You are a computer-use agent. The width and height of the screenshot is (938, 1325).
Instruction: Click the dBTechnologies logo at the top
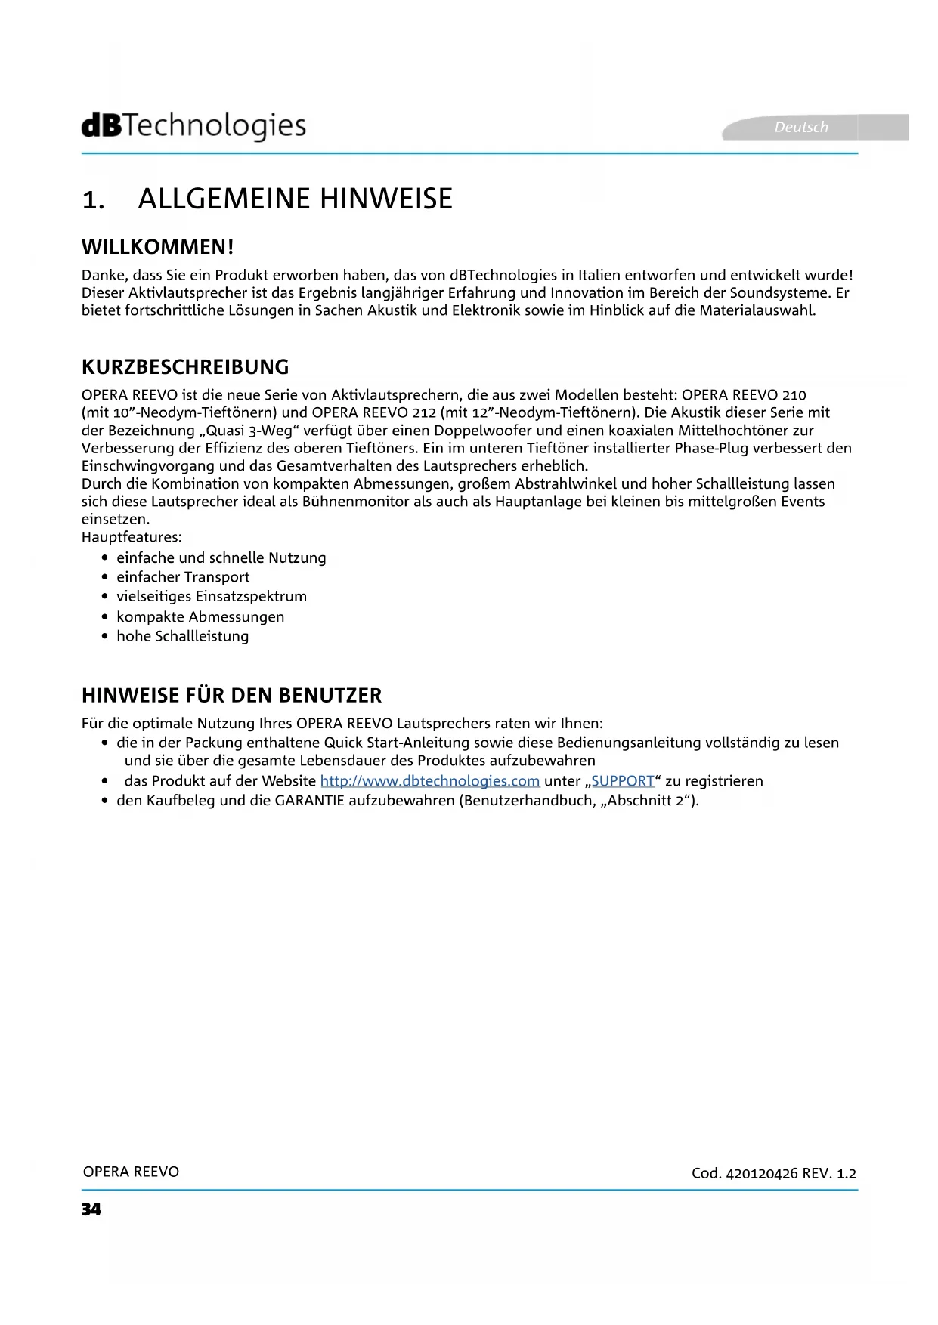(x=193, y=126)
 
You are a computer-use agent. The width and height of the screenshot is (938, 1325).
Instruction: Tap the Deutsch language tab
(x=801, y=127)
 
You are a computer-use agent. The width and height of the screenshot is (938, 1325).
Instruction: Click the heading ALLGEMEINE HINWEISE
(x=295, y=199)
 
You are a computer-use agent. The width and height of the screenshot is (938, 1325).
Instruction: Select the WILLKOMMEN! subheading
(x=158, y=247)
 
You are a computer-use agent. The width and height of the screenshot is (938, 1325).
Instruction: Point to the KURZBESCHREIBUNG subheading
(x=185, y=367)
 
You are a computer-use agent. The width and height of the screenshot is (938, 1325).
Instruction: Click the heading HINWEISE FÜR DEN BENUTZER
(x=231, y=695)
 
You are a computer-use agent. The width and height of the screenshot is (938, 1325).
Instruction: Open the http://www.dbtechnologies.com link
(x=429, y=781)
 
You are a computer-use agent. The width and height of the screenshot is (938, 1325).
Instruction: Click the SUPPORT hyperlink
(x=622, y=781)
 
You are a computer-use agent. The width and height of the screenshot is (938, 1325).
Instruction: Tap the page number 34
(x=91, y=1209)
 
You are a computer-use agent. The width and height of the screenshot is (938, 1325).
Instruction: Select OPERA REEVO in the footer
(x=131, y=1172)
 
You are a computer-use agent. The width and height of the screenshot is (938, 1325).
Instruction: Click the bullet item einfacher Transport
(x=183, y=577)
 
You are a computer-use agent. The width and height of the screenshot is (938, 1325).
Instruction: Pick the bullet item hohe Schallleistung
(x=182, y=636)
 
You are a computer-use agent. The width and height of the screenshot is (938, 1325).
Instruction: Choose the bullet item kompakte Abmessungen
(x=200, y=616)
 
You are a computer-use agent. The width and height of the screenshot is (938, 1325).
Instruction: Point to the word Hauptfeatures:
(x=132, y=537)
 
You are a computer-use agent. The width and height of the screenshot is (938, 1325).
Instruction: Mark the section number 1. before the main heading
(x=93, y=200)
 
